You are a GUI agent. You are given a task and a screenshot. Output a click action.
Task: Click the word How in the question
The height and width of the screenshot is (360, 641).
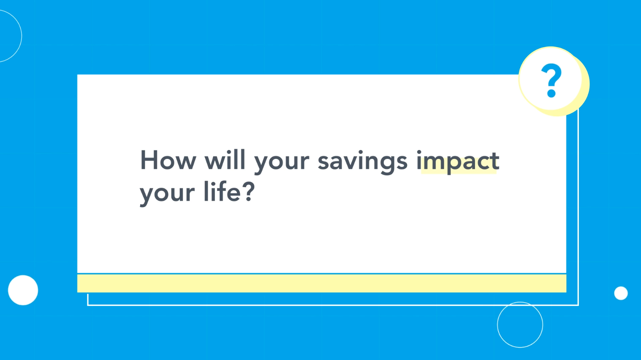tap(168, 160)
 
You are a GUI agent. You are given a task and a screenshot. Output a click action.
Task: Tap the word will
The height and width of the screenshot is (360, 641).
tap(225, 160)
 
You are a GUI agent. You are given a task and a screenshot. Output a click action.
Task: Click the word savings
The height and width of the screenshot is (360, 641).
tap(362, 162)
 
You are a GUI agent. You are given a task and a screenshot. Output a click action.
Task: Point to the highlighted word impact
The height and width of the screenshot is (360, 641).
tap(458, 162)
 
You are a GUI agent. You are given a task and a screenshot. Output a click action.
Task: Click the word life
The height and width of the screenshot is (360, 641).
tap(222, 191)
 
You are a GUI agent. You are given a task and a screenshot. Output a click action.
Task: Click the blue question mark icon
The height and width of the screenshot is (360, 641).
tap(551, 80)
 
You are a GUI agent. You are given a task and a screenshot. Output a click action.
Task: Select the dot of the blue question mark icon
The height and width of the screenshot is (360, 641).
tap(551, 93)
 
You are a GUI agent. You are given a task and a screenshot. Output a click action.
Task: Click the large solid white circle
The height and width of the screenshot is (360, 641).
tap(23, 290)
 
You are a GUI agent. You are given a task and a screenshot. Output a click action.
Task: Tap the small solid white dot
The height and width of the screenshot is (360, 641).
tap(621, 293)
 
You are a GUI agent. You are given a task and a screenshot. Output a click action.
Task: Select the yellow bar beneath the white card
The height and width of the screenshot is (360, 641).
tap(322, 283)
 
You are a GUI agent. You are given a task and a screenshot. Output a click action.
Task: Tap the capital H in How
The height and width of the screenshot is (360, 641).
tap(149, 160)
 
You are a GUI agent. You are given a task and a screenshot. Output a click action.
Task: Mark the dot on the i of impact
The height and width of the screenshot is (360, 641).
tap(419, 152)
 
